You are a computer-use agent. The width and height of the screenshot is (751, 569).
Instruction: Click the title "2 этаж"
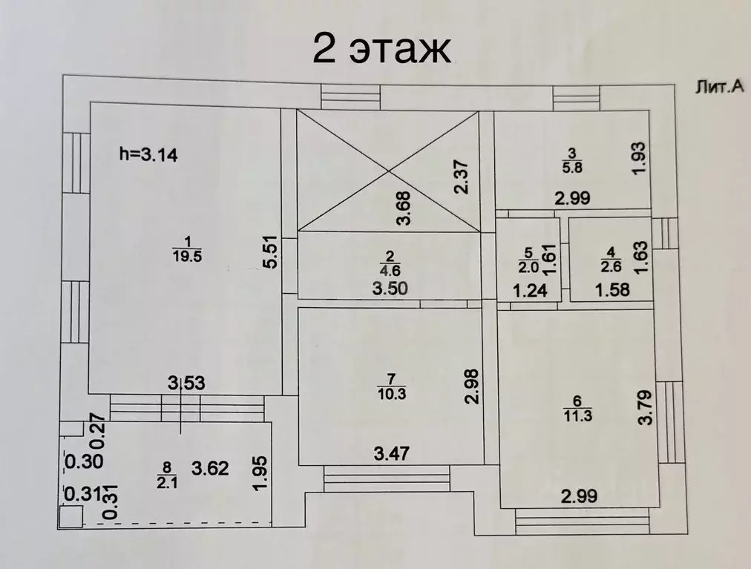tap(381, 49)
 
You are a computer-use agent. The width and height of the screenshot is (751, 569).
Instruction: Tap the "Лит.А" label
tap(719, 87)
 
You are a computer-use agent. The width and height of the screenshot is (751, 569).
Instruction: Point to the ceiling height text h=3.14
tap(148, 155)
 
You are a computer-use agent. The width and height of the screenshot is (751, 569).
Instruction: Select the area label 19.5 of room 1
tap(187, 256)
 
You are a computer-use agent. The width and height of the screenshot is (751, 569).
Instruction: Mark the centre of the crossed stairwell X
tap(388, 171)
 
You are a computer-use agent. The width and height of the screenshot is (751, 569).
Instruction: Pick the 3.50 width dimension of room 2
tap(390, 289)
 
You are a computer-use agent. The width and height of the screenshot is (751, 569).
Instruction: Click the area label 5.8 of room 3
tap(571, 168)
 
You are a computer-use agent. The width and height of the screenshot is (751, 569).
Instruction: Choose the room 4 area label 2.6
tap(611, 266)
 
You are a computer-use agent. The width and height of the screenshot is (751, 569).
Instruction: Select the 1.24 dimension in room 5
tap(530, 290)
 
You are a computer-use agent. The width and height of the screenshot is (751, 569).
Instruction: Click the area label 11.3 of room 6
tap(577, 415)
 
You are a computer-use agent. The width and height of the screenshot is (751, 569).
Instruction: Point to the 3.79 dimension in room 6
tap(645, 407)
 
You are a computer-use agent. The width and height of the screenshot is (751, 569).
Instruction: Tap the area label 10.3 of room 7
tap(392, 394)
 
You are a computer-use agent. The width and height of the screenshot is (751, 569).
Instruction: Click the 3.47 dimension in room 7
tap(392, 453)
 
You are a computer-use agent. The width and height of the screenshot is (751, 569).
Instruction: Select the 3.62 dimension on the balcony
tap(210, 468)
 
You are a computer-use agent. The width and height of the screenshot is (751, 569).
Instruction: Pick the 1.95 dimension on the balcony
tap(261, 473)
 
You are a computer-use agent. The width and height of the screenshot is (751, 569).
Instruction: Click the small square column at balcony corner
tap(71, 517)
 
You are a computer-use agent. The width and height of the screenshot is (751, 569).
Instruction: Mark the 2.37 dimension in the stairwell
tap(462, 177)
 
